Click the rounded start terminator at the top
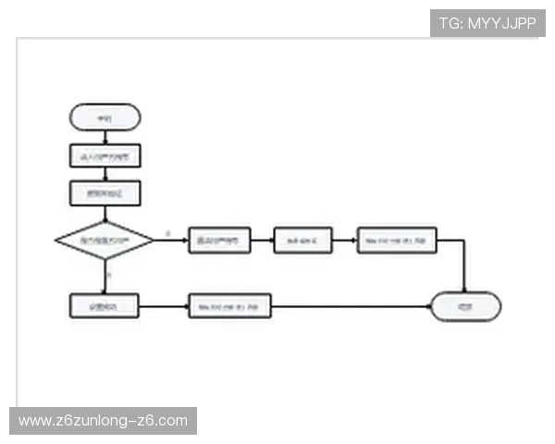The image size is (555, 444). point(105,117)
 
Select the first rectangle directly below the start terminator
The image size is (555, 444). point(105,156)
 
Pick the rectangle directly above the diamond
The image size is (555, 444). point(105,193)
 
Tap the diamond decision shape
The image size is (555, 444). point(105,240)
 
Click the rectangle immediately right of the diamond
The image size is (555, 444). point(219,240)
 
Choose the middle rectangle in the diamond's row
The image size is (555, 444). point(302,240)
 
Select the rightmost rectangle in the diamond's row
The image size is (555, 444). point(396,240)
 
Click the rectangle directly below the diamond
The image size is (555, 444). point(105,306)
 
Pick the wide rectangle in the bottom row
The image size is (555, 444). point(229,306)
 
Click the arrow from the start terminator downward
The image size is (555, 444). point(105,137)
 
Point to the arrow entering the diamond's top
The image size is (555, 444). point(105,215)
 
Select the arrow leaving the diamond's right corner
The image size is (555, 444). point(171,240)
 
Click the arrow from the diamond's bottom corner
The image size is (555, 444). point(105,277)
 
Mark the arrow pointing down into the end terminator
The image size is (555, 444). point(463,277)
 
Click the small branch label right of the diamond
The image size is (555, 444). point(167,232)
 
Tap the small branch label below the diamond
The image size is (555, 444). point(109,275)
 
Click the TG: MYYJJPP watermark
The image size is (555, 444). point(487,23)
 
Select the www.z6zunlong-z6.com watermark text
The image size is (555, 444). point(103,421)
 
